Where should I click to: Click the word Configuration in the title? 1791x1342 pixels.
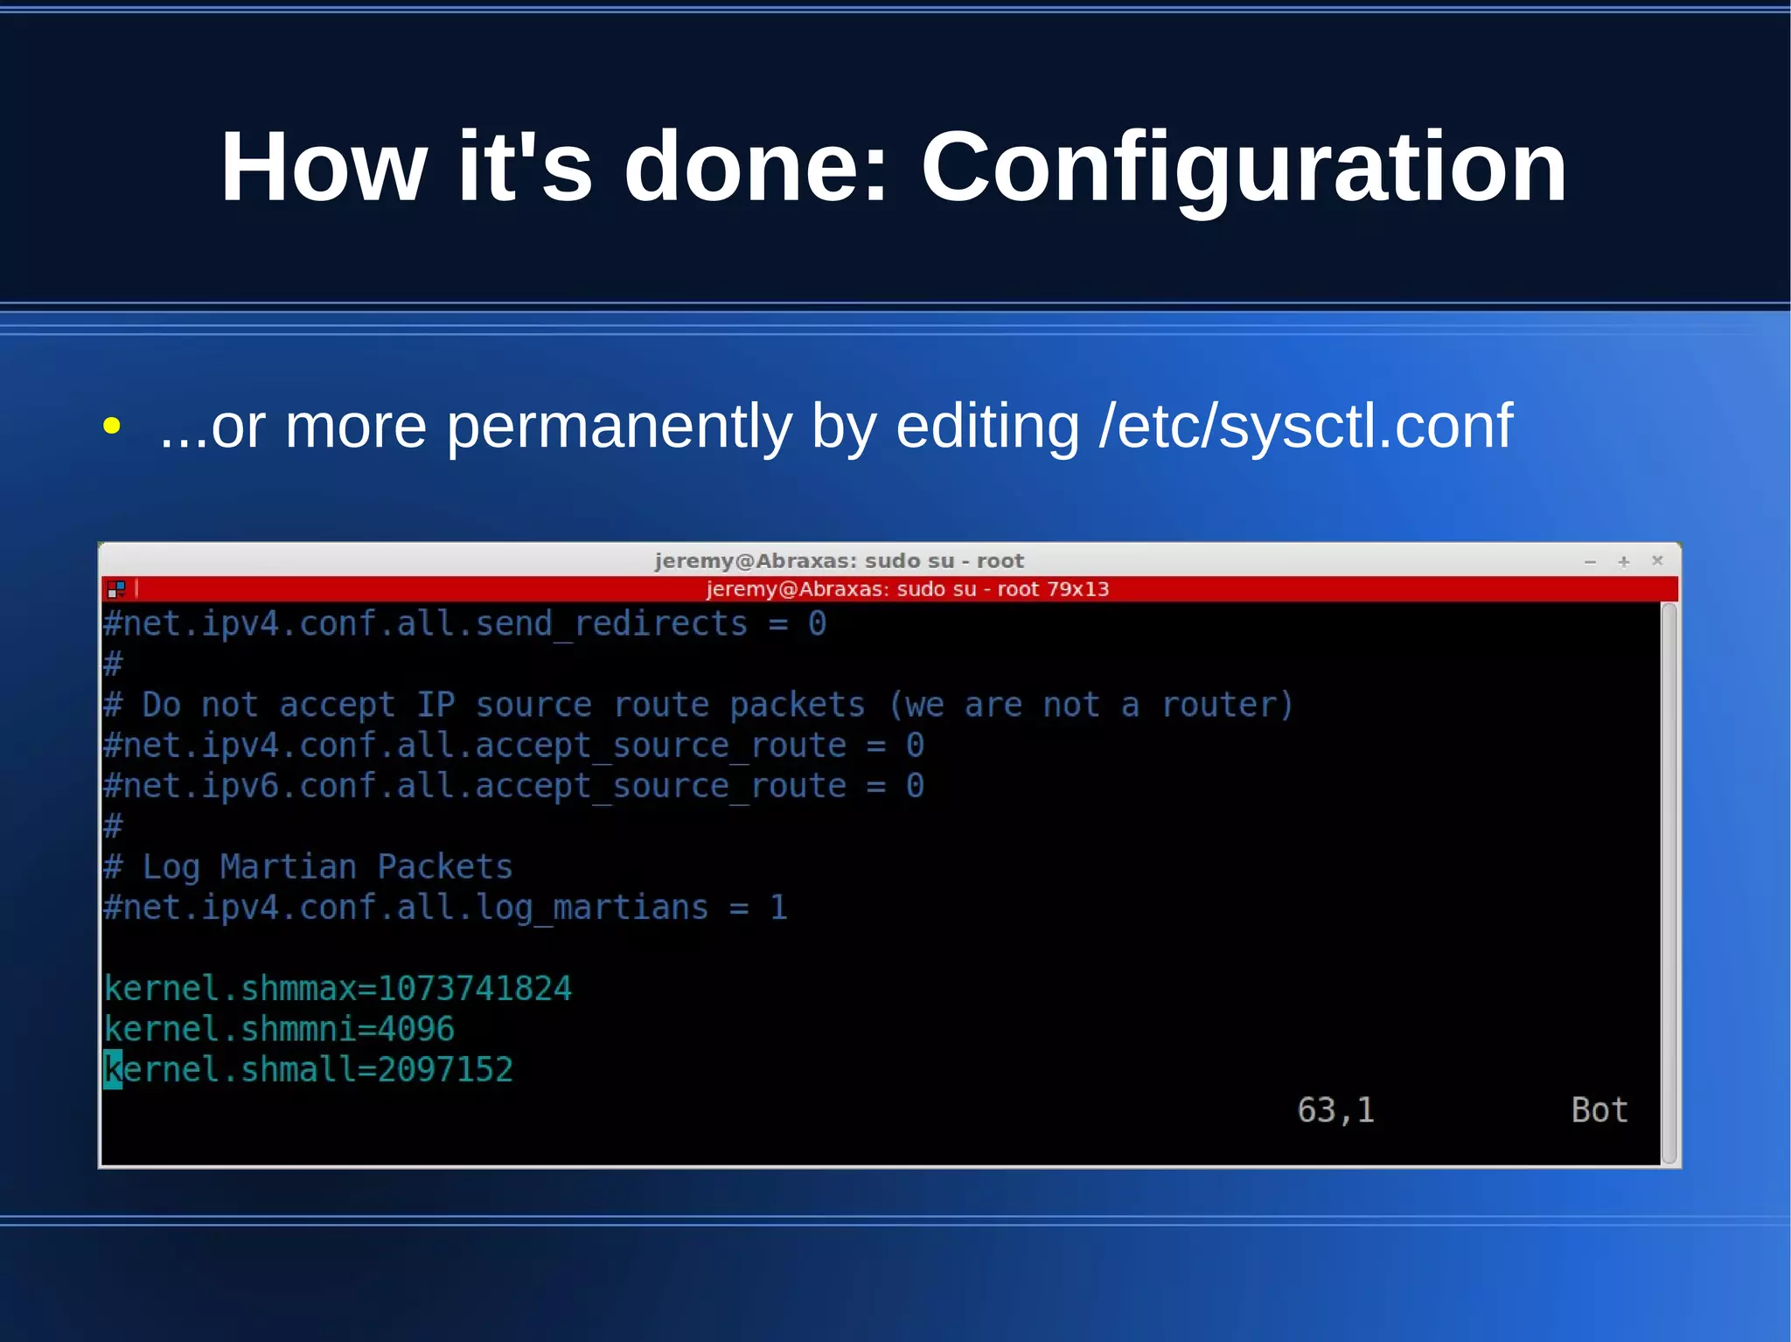(1244, 168)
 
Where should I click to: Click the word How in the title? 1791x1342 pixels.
(324, 168)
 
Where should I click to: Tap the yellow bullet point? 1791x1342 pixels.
(111, 427)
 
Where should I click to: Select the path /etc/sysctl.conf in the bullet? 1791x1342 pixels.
(1306, 427)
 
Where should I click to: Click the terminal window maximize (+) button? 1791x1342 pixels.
(1624, 561)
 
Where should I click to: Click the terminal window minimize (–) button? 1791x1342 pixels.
(1590, 561)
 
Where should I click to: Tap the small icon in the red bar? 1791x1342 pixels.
(116, 589)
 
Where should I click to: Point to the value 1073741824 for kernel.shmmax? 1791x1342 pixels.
(475, 989)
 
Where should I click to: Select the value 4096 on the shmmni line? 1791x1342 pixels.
(416, 1029)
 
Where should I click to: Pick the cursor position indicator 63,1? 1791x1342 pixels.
(1335, 1110)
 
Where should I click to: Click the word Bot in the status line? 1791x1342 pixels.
(1599, 1110)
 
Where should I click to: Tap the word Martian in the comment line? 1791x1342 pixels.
(289, 867)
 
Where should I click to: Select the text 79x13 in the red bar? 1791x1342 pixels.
(1078, 589)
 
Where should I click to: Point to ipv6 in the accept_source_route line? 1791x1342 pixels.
(240, 786)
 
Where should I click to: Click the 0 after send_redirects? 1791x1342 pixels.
(817, 624)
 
